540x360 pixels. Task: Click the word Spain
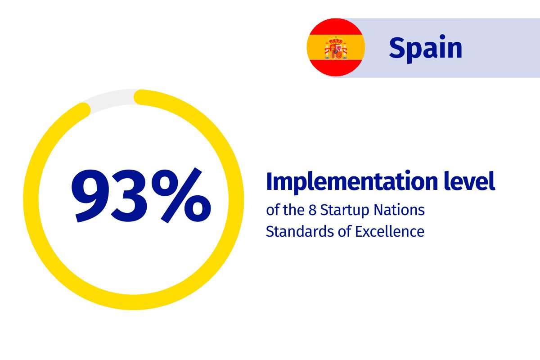pyautogui.click(x=426, y=49)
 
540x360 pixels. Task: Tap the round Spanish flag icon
pyautogui.click(x=336, y=47)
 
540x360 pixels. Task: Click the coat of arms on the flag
pyautogui.click(x=336, y=48)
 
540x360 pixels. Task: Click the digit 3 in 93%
pyautogui.click(x=129, y=196)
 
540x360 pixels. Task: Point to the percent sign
pyautogui.click(x=181, y=195)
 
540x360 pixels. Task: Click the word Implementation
pyautogui.click(x=352, y=182)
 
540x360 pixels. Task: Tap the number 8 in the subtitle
pyautogui.click(x=312, y=210)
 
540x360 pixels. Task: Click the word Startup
pyautogui.click(x=345, y=211)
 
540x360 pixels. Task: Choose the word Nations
pyautogui.click(x=399, y=210)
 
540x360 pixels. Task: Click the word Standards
pyautogui.click(x=300, y=231)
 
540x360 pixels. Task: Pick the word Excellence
pyautogui.click(x=390, y=231)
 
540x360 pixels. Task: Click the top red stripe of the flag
pyautogui.click(x=336, y=26)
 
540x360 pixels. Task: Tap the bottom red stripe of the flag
pyautogui.click(x=336, y=68)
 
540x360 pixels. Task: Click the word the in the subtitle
pyautogui.click(x=293, y=210)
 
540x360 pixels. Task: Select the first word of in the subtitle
pyautogui.click(x=273, y=210)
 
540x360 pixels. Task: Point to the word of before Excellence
pyautogui.click(x=344, y=231)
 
